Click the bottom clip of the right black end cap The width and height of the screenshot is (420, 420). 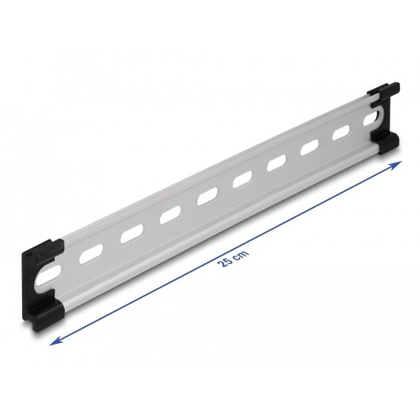point(386,144)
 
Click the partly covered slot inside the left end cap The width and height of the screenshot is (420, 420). point(49,271)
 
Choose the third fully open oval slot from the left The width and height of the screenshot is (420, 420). point(169,216)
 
